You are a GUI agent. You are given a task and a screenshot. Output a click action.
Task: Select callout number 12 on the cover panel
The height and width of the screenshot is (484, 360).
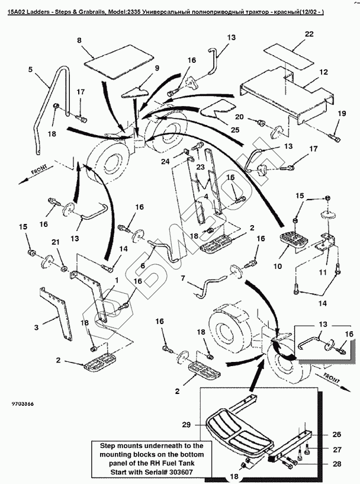pos(323,72)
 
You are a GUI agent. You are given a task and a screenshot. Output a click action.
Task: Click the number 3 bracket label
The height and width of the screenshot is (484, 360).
pos(36,327)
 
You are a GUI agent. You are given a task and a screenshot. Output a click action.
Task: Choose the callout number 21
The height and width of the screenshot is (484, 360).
pos(55,243)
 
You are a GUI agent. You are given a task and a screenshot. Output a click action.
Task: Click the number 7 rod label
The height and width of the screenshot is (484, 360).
pos(183,277)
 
